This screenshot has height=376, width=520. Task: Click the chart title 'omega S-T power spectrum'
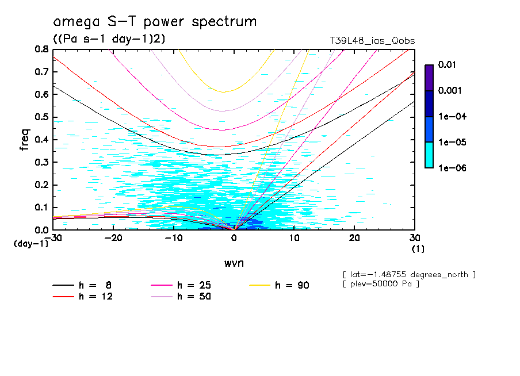[x=155, y=22]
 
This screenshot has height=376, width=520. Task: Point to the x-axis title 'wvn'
[x=234, y=262]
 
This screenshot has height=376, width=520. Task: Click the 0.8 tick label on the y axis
[x=41, y=49]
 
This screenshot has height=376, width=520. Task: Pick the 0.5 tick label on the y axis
[x=41, y=117]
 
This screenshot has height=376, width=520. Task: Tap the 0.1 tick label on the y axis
[x=41, y=208]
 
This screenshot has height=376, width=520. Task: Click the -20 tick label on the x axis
[x=114, y=238]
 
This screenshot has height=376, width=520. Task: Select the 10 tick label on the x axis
[x=294, y=238]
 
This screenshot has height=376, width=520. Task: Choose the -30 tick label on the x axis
[x=53, y=238]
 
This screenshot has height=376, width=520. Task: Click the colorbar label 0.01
[x=447, y=65]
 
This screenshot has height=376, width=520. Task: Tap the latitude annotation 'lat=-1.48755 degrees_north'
[x=408, y=274]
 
